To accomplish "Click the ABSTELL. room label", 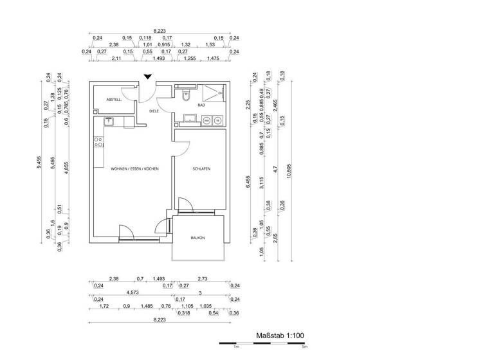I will (114, 100).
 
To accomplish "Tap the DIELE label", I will (154, 111).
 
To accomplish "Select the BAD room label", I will (201, 105).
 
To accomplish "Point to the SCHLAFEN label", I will (201, 169).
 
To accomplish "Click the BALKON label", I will (197, 238).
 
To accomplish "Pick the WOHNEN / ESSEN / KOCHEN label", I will (134, 169).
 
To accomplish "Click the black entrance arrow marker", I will (148, 77).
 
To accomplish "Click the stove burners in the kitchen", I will (99, 143).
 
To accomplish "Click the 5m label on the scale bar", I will (304, 348).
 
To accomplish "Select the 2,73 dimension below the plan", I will (203, 278).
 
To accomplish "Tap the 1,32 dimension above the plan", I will (186, 45).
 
